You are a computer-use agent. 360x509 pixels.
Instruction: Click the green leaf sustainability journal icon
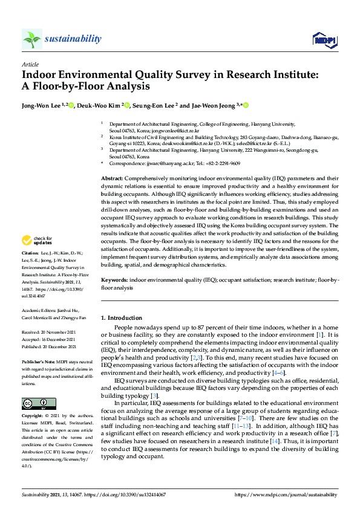pos(31,39)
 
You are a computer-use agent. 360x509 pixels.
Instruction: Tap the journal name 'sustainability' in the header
pos(73,39)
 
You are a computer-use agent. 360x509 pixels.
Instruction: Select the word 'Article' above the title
pos(30,64)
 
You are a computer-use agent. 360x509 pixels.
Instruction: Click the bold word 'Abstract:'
pos(112,179)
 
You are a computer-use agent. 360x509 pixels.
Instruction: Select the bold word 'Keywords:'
pos(114,280)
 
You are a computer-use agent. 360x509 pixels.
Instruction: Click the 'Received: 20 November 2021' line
pos(48,332)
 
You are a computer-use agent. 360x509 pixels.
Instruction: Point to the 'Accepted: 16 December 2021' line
pos(48,340)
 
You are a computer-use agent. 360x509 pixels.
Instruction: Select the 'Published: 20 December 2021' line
pos(48,347)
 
